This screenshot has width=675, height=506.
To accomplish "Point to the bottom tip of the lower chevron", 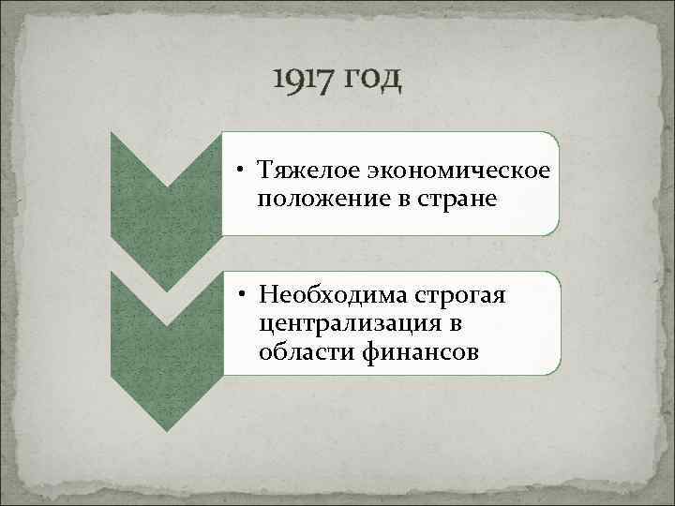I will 166,430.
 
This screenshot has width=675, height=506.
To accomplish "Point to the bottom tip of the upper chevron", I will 166,290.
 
